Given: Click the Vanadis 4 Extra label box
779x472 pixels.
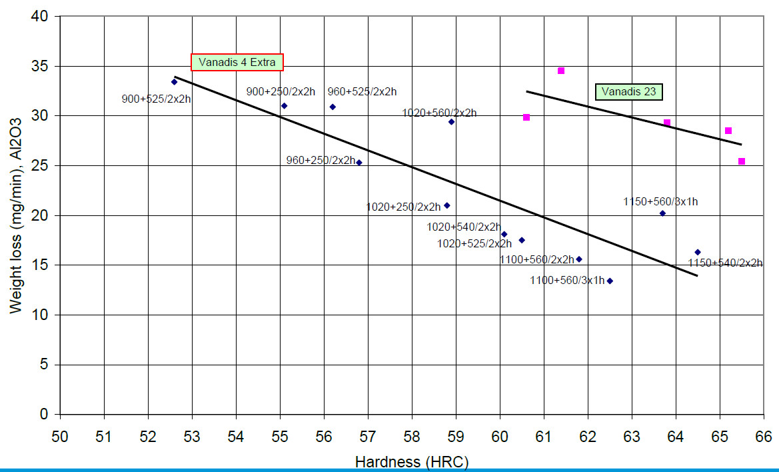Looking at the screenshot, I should click(x=237, y=63).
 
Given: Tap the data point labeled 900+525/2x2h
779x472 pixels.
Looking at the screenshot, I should click(x=174, y=82).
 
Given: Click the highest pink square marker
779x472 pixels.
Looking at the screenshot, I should click(x=561, y=71).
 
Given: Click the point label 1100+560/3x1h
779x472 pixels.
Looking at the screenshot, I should click(x=567, y=281).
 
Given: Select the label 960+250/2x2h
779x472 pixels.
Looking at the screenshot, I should click(x=321, y=160).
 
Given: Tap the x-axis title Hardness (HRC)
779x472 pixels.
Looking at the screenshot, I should click(x=412, y=461).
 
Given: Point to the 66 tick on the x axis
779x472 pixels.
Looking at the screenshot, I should click(x=763, y=437).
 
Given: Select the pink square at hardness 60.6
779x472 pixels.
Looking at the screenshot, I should click(x=526, y=117).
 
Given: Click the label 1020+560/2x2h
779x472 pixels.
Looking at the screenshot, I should click(x=439, y=113).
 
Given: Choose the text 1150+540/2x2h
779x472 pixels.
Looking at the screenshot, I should click(x=725, y=263).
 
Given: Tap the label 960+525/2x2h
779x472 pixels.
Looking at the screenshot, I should click(x=362, y=92).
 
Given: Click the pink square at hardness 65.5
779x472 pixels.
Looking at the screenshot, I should click(x=742, y=161).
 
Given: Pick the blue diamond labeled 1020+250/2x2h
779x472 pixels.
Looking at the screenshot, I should click(x=446, y=205).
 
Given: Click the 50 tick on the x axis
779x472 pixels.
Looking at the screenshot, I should click(x=60, y=437).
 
